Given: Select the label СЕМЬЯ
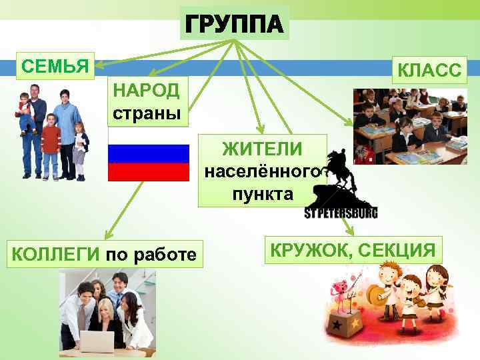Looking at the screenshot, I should [55, 66].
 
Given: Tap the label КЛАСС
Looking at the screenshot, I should [429, 70].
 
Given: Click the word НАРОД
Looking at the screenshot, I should [147, 90].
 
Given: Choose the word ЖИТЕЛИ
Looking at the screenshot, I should [262, 148].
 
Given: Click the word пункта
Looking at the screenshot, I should [263, 194].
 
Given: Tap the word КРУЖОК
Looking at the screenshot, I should [310, 250].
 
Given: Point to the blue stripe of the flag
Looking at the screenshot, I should [149, 154].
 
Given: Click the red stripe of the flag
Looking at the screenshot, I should [149, 173].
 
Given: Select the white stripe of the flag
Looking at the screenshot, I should [149, 136].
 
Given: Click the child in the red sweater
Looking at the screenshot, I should [50, 143].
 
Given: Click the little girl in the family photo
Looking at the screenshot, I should [81, 150].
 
